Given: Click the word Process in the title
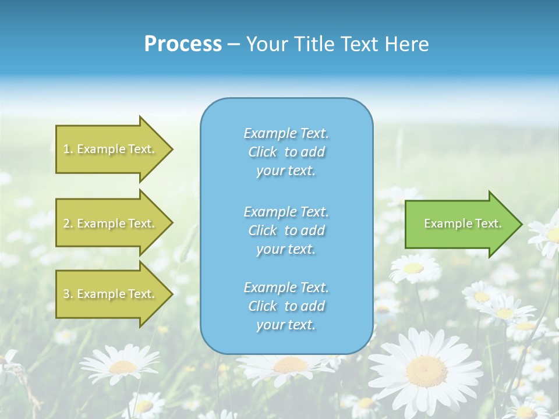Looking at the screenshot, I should [183, 44].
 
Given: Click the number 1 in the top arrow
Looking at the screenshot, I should [66, 149].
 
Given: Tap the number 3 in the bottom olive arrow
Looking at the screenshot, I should [66, 294].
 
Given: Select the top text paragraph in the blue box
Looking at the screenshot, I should [286, 152].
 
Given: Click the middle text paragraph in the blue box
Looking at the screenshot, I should [286, 230].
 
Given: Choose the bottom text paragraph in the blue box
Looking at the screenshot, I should [286, 306].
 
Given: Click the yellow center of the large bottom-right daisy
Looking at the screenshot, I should [426, 370].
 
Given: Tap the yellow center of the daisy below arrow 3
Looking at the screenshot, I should [123, 367].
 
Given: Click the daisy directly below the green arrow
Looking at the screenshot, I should [413, 268].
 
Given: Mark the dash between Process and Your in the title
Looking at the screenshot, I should [234, 44].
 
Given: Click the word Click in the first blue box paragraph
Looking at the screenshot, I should [262, 152].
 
